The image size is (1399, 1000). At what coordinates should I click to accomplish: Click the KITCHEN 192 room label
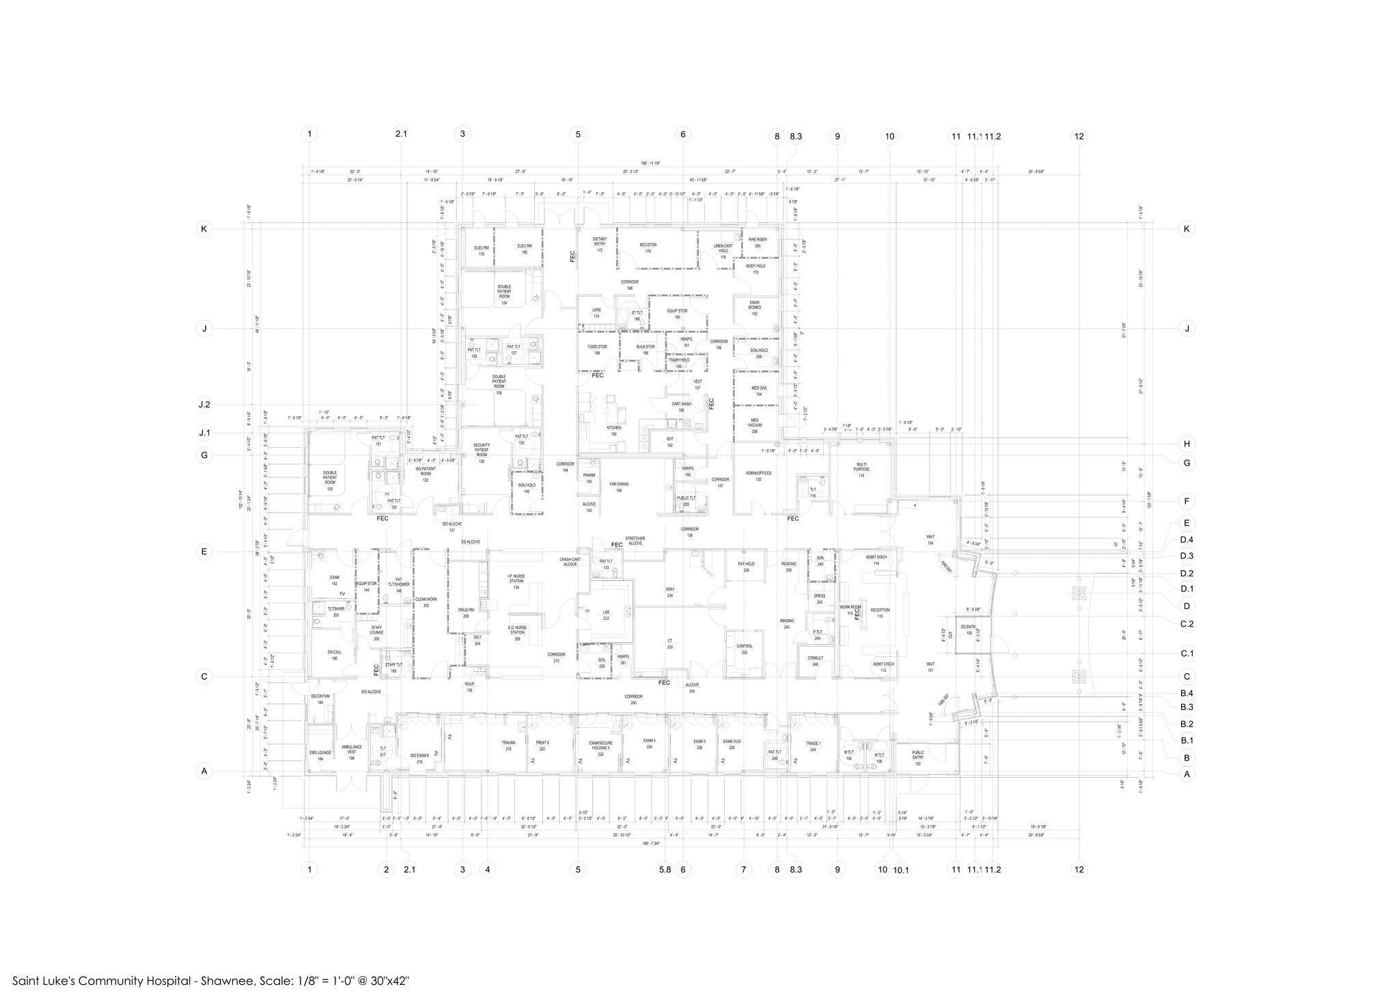click(x=613, y=431)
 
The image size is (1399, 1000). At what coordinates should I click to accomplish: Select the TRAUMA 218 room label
click(x=508, y=746)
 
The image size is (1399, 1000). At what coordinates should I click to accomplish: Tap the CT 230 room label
click(x=669, y=644)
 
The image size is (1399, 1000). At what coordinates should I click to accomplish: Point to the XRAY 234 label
click(x=669, y=592)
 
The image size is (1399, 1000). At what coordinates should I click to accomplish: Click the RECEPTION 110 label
click(x=880, y=613)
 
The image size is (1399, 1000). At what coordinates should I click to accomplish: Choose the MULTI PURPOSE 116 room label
click(x=861, y=470)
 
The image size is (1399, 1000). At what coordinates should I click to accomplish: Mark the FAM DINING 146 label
click(x=619, y=487)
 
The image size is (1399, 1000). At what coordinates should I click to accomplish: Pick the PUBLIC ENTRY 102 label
click(x=917, y=758)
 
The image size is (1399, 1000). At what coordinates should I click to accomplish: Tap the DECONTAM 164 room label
click(x=320, y=699)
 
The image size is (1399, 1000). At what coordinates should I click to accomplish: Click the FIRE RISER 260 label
click(x=757, y=243)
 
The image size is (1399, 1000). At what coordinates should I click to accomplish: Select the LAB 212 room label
click(x=606, y=615)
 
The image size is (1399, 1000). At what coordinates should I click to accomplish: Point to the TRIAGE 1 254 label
click(x=813, y=746)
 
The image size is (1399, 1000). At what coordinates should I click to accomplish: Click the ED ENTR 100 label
click(x=969, y=630)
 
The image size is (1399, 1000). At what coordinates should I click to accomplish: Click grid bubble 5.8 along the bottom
click(x=665, y=869)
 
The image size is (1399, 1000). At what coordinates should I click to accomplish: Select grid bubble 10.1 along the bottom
click(x=900, y=869)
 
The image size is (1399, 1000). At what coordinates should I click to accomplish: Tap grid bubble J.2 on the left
click(x=204, y=405)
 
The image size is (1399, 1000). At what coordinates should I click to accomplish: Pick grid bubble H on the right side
click(x=1187, y=444)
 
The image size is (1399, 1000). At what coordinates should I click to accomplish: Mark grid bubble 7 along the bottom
click(x=743, y=869)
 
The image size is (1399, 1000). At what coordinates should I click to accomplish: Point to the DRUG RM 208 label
click(x=466, y=613)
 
